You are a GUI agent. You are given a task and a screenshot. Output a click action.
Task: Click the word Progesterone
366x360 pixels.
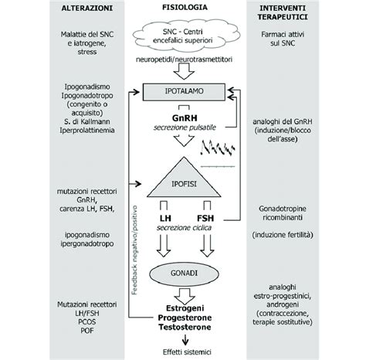[x=183, y=318]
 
